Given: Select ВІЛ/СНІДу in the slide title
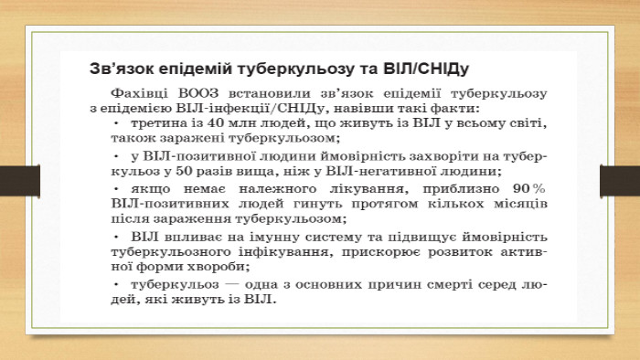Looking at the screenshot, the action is (x=426, y=69).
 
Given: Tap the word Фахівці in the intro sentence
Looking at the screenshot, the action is (x=139, y=93).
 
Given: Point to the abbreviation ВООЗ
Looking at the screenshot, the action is (x=198, y=93).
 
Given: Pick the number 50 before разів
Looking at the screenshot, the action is (x=184, y=171).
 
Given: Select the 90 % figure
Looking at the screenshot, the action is (x=529, y=189).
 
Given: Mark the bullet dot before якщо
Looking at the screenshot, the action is (x=116, y=189).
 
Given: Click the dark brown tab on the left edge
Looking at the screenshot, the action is (x=20, y=181).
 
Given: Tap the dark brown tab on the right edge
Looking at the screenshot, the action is (x=620, y=181).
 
